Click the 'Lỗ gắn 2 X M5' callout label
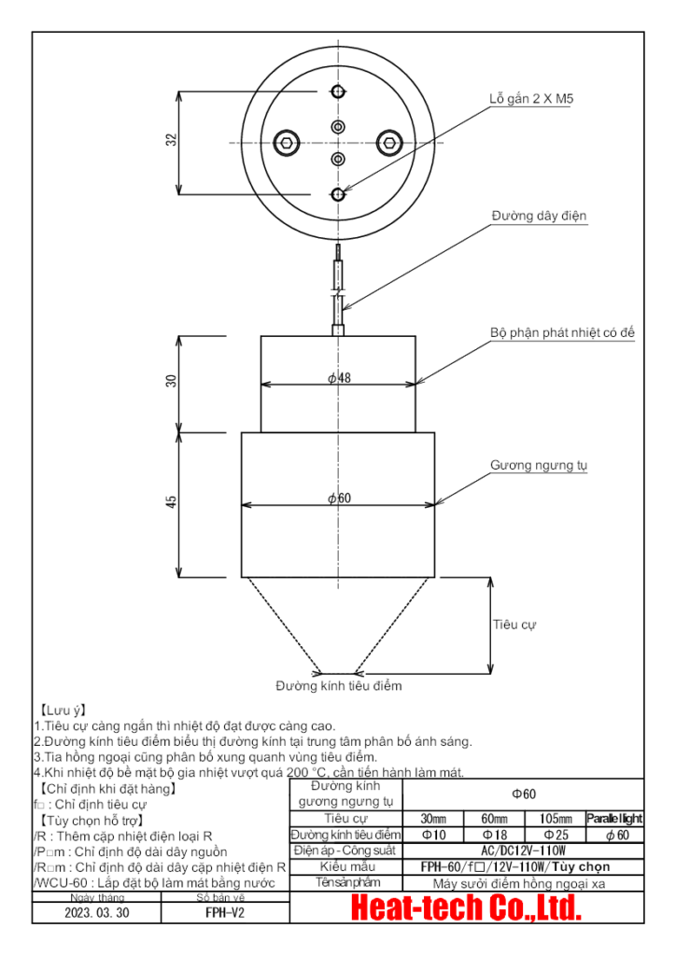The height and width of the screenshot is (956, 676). [x=531, y=98]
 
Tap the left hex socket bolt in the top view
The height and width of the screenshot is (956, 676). [x=287, y=143]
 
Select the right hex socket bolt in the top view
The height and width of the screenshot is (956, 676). [x=389, y=143]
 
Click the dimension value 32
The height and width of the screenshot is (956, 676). [x=171, y=139]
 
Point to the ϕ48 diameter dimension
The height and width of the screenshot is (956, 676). [x=338, y=377]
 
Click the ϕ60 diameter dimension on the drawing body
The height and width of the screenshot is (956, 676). [x=338, y=499]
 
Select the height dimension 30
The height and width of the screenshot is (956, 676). [x=171, y=381]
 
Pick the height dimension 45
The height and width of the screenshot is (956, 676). [x=171, y=502]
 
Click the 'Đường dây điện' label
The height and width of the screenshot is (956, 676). [x=540, y=216]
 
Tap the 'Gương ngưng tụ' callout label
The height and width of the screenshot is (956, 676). [x=539, y=464]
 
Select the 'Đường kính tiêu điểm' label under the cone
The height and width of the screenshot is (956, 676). [x=338, y=686]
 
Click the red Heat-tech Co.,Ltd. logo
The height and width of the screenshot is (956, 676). [x=466, y=907]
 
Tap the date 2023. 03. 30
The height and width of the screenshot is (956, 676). [x=96, y=913]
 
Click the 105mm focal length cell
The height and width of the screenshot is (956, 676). [x=556, y=819]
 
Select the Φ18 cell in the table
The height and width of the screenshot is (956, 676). [x=495, y=834]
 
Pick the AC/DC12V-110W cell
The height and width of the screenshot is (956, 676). [x=522, y=851]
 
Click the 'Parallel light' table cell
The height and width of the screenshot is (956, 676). [x=614, y=819]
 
